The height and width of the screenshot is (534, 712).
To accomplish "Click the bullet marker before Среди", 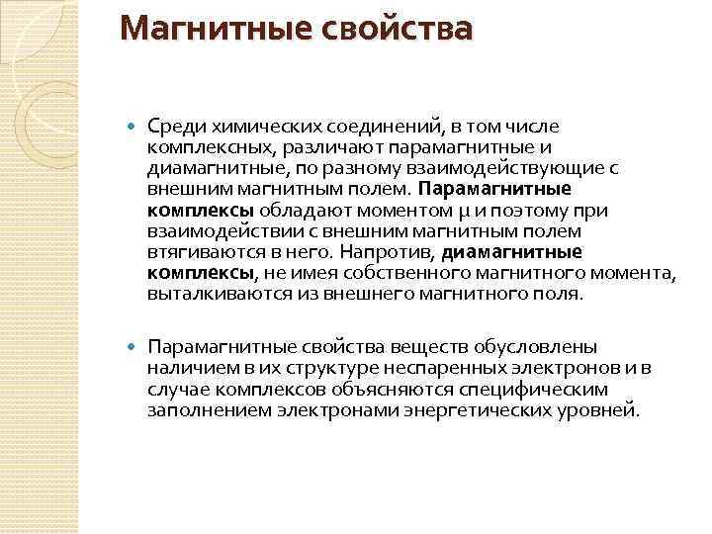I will click(x=133, y=127).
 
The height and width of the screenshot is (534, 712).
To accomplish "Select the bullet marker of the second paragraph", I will click(x=133, y=347).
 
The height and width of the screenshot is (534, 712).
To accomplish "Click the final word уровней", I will click(x=601, y=409).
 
